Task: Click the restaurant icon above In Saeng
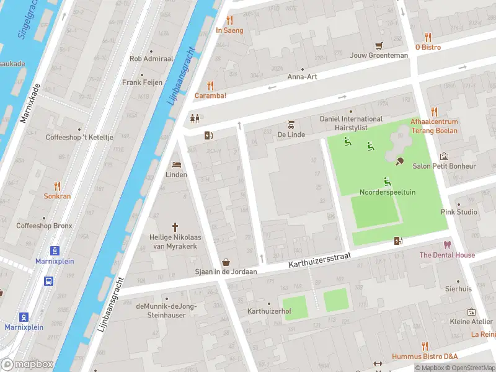coord(229,20)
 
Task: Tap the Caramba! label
coord(210,95)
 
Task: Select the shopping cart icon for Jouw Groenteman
coord(379,45)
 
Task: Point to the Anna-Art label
coord(302,77)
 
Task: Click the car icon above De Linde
coord(290,124)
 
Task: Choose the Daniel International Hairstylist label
coord(351,123)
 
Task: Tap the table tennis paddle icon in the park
coord(400,162)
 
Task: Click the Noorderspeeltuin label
coord(387,192)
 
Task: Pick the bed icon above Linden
coord(176,164)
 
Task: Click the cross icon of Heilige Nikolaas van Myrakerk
coord(175,227)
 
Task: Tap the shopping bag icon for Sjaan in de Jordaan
coord(226,262)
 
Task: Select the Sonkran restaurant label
coord(57,196)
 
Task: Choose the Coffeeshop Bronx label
coord(44,226)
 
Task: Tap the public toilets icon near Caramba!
coord(195,118)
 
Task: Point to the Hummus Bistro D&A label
coord(425,356)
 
